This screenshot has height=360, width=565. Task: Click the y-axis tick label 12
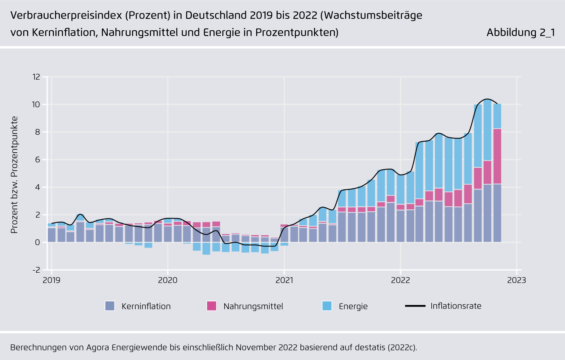36,77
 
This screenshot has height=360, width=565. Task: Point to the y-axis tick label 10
36,104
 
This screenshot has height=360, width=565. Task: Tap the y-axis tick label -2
36,270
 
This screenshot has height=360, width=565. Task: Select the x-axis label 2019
51,280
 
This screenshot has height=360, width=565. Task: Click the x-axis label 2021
284,280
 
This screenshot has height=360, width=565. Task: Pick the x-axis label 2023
516,280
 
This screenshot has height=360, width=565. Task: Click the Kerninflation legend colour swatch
110,306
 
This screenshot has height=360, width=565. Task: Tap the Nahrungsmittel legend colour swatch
211,306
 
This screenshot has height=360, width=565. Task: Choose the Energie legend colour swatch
327,306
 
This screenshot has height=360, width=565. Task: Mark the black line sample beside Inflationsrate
415,306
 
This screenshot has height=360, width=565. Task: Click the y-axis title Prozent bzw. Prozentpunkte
14,175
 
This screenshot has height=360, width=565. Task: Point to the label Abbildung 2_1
520,32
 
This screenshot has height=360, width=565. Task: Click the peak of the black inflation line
487,99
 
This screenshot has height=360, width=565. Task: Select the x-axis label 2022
400,280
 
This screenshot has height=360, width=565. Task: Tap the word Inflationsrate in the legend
456,306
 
